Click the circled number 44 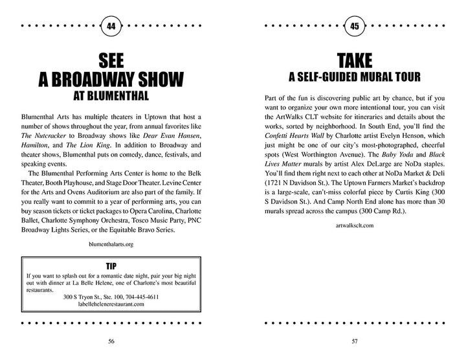point(111,27)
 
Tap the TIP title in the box point(111,265)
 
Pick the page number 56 point(111,341)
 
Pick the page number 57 point(354,341)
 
